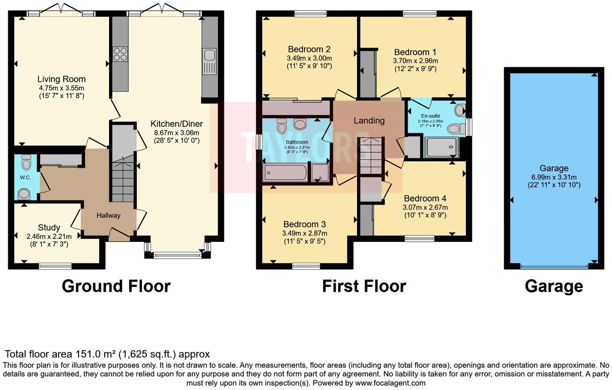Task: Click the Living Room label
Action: pyautogui.click(x=62, y=79)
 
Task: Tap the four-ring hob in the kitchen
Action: pyautogui.click(x=120, y=54)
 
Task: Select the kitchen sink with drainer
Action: pyautogui.click(x=209, y=62)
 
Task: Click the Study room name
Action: pyautogui.click(x=49, y=227)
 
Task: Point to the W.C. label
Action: pyautogui.click(x=25, y=177)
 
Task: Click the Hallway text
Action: pyautogui.click(x=108, y=216)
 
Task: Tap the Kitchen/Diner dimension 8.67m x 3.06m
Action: pyautogui.click(x=177, y=133)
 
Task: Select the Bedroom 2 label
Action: pyautogui.click(x=309, y=49)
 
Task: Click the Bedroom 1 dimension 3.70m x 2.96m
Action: pyautogui.click(x=415, y=61)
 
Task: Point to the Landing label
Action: pyautogui.click(x=369, y=120)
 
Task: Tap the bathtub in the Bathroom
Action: pyautogui.click(x=285, y=172)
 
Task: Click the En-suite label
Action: pyautogui.click(x=430, y=116)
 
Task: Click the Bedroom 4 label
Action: pyautogui.click(x=426, y=198)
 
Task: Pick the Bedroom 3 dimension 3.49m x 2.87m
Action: pyautogui.click(x=305, y=233)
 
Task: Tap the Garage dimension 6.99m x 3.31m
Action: pyautogui.click(x=554, y=177)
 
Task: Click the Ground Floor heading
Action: pyautogui.click(x=116, y=286)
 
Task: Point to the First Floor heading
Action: pyautogui.click(x=364, y=286)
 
